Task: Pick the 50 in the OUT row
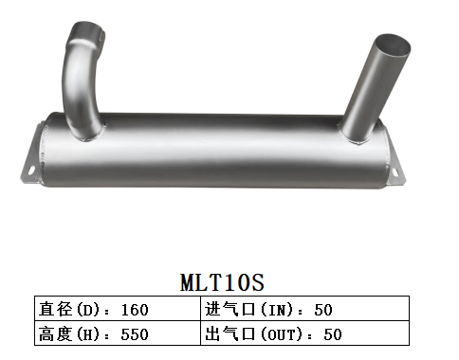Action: point(332,333)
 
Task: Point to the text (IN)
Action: point(281,309)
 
